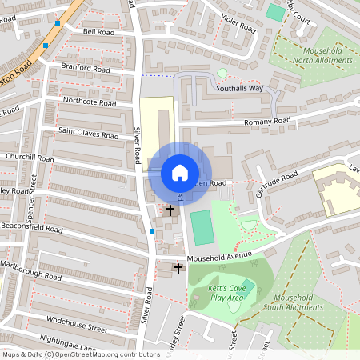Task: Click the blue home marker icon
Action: tap(180, 173)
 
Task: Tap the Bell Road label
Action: tap(98, 32)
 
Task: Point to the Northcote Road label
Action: tap(90, 102)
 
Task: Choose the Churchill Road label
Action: tap(29, 158)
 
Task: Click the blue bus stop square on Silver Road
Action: tap(152, 231)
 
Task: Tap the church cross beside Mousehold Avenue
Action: tap(178, 268)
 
